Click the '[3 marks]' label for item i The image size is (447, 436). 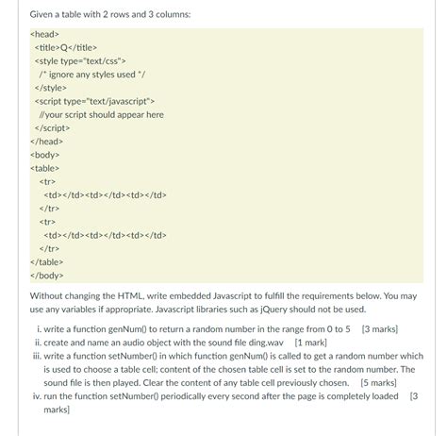coord(379,329)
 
